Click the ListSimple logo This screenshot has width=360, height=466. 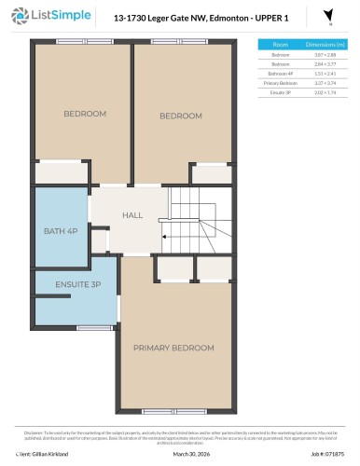tap(46, 16)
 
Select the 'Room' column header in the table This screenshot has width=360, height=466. tap(280, 44)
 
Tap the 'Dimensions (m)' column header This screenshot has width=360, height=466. tap(325, 44)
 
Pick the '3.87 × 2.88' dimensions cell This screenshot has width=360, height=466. tap(325, 56)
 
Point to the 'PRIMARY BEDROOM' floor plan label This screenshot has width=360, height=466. tap(174, 348)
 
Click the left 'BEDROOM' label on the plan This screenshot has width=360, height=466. tap(85, 114)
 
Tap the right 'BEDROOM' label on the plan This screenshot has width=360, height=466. tap(180, 116)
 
